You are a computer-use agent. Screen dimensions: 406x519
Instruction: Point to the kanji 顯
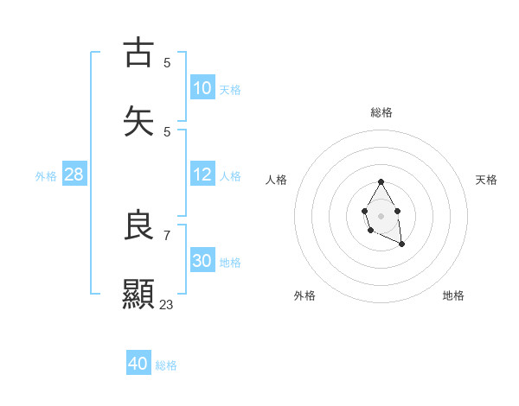tap(138, 293)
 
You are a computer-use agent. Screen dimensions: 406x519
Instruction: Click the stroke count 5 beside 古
tap(167, 62)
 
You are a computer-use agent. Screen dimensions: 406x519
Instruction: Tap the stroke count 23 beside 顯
tap(166, 304)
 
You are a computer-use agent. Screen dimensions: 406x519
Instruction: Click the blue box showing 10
tap(202, 88)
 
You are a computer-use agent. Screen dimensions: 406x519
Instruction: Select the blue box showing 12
tap(202, 174)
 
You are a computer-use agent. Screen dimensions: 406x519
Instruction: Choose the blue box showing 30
tap(202, 261)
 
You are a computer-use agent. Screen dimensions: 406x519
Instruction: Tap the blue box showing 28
tap(74, 174)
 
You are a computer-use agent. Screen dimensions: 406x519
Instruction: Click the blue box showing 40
tap(138, 364)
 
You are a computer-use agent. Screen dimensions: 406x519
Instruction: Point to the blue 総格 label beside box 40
tap(166, 365)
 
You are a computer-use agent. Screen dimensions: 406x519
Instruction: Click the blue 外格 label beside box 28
tap(46, 176)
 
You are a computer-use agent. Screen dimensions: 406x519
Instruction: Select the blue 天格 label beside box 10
tap(229, 90)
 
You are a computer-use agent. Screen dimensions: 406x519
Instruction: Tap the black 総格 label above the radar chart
tap(381, 112)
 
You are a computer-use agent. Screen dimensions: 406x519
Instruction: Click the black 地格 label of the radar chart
tap(453, 295)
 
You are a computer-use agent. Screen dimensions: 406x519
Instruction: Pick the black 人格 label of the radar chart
tap(277, 180)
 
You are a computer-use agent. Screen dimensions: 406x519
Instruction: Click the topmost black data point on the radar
tap(381, 182)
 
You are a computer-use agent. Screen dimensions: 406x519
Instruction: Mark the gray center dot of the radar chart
tap(381, 214)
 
